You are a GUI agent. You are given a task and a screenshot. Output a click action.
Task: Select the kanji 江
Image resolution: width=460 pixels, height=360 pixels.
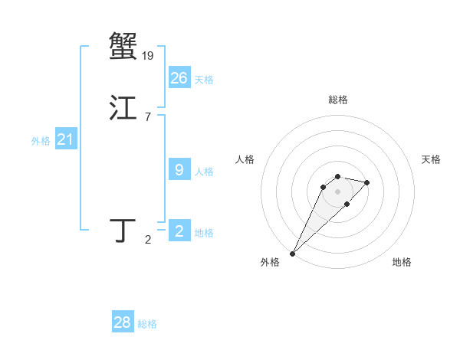[123, 108]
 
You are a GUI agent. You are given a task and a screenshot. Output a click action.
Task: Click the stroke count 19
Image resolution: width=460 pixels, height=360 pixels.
[148, 55]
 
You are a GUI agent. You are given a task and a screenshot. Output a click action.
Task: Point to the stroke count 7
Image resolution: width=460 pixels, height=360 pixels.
[147, 116]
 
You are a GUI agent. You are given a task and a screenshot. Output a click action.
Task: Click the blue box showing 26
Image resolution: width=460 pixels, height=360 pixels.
[179, 77]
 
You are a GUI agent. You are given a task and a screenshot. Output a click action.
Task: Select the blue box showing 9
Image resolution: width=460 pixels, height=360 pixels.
[179, 170]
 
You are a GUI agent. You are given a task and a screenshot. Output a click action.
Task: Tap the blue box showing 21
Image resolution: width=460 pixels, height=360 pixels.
[65, 139]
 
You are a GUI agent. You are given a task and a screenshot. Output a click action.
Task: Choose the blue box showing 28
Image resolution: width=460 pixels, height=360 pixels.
[123, 322]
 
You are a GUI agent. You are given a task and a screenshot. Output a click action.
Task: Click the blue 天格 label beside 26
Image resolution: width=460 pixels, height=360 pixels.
[204, 80]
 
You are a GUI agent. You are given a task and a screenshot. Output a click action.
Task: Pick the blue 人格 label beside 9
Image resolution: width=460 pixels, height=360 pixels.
[204, 172]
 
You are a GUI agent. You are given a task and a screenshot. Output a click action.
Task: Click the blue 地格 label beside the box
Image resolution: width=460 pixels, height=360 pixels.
[204, 233]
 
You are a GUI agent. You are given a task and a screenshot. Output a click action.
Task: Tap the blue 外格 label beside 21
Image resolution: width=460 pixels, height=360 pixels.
[41, 141]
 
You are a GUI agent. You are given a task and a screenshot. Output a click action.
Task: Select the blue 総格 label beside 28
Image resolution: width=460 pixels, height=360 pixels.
[147, 324]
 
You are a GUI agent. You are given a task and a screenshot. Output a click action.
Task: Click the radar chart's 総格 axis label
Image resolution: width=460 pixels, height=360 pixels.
[337, 100]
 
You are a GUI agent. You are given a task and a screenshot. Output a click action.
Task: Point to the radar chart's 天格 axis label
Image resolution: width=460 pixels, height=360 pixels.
[431, 159]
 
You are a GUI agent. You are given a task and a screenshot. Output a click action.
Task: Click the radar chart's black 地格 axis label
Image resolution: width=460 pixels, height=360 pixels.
[402, 262]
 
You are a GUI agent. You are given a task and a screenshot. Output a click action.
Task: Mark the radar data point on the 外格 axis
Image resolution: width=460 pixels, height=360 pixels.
[292, 254]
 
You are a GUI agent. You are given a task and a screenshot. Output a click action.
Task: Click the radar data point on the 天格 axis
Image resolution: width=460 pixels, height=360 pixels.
[367, 182]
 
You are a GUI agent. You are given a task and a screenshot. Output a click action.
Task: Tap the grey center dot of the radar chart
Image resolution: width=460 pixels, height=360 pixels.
[337, 191]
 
